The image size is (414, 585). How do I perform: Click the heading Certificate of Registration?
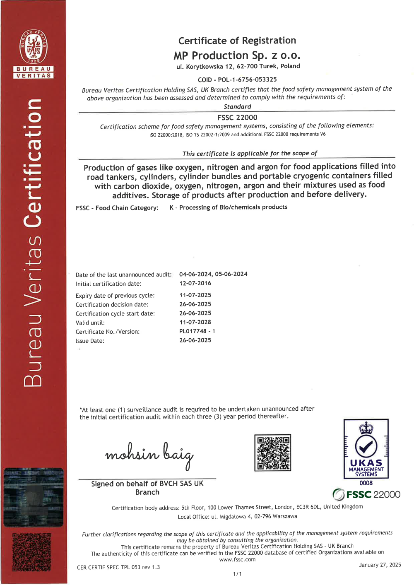tap(237, 41)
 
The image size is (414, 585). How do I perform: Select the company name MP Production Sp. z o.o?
tap(237, 55)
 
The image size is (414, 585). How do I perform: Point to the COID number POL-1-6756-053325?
tap(247, 79)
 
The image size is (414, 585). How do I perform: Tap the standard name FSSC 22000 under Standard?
tap(237, 118)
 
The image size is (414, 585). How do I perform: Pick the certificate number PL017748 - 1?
tap(197, 331)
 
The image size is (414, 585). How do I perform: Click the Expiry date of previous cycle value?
tap(195, 295)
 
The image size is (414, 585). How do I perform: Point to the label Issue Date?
tap(90, 341)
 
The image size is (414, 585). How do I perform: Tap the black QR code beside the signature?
tap(272, 453)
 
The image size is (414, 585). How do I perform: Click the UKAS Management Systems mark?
tap(366, 449)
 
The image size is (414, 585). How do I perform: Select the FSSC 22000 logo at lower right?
tap(366, 494)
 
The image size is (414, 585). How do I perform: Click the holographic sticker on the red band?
tap(34, 497)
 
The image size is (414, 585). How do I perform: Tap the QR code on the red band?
tap(32, 552)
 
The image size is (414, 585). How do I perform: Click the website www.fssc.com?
tap(237, 559)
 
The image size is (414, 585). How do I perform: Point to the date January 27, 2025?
tap(380, 565)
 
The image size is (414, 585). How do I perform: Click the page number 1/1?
tap(237, 574)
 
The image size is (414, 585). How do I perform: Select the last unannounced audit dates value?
tap(213, 274)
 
